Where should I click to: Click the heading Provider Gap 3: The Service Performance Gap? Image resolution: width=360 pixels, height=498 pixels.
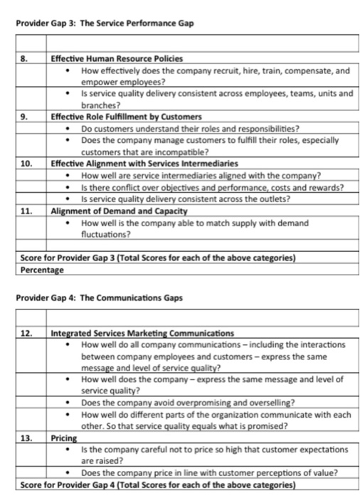105,24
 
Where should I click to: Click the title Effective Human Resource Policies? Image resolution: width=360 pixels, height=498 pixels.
116,58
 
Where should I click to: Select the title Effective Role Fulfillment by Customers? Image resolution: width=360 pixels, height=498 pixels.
126,116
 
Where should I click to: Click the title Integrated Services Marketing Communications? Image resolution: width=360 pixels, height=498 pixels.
142,332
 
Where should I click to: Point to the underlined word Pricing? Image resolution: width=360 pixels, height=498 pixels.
63,439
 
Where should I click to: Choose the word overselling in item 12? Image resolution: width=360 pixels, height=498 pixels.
264,403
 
